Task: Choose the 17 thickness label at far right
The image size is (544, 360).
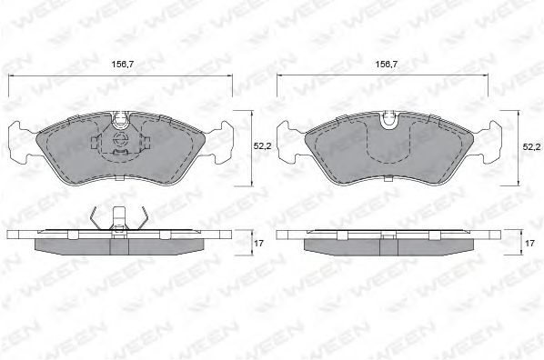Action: pos(529,244)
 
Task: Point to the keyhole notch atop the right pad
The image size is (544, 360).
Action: pos(389,119)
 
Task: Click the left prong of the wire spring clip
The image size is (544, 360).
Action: pos(96,218)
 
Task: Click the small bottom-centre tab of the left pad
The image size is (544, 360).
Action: pos(119,182)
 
